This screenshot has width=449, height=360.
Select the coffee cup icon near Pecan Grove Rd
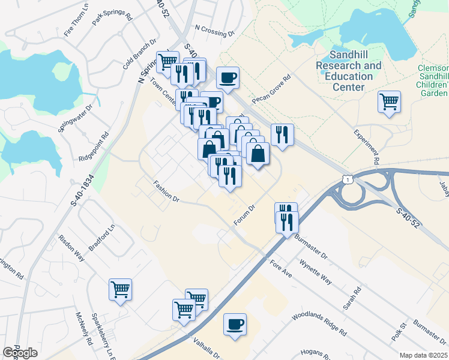click(x=228, y=77)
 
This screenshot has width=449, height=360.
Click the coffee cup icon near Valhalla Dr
click(x=235, y=325)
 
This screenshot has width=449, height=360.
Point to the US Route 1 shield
click(x=346, y=178)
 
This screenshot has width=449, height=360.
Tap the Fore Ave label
click(x=280, y=268)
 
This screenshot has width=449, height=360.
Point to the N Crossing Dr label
click(x=215, y=31)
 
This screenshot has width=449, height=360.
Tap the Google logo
click(x=20, y=353)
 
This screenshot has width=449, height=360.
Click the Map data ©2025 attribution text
click(x=423, y=355)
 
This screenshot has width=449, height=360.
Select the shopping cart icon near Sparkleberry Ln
click(x=120, y=290)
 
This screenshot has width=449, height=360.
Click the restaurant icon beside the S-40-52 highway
click(x=280, y=134)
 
